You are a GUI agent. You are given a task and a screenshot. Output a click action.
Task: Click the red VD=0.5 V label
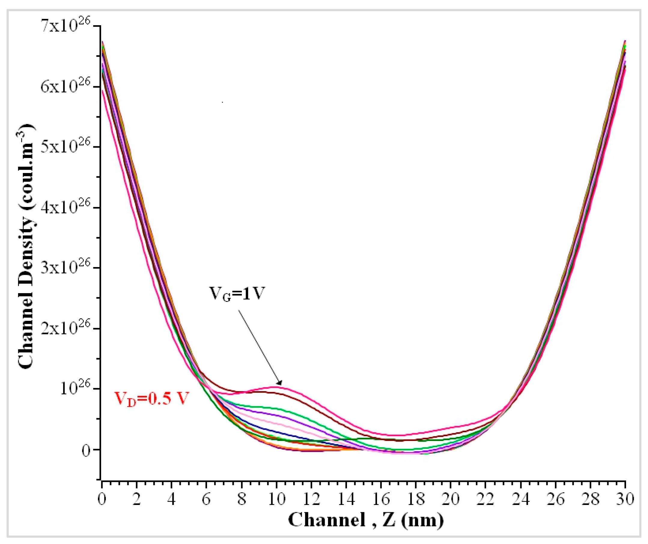pyautogui.click(x=151, y=399)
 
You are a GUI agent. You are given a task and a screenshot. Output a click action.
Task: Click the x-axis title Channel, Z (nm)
pyautogui.click(x=366, y=520)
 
